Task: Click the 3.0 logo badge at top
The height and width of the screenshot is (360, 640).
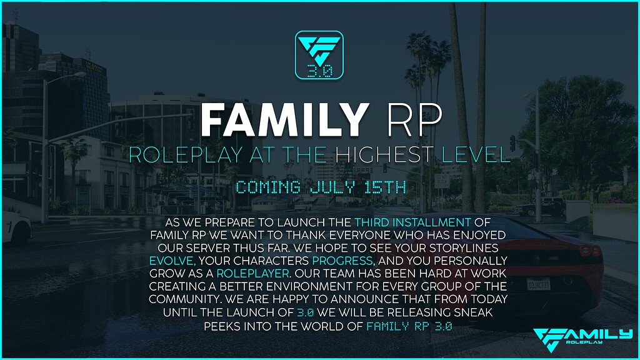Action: point(319,55)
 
